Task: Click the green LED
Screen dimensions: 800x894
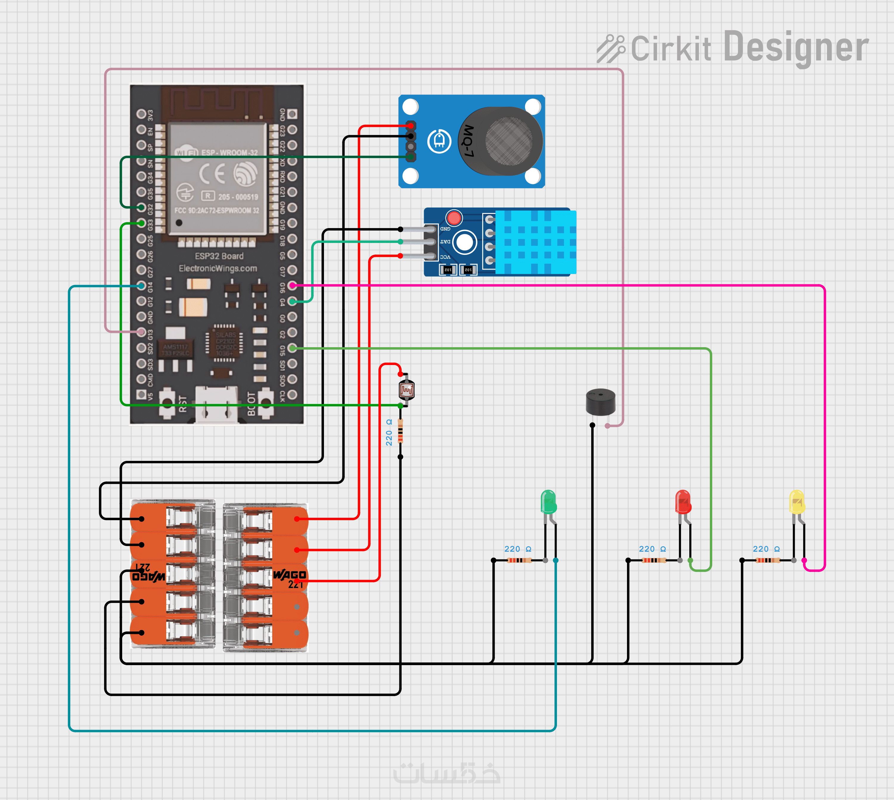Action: [548, 502]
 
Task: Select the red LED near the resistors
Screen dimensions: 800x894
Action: [683, 502]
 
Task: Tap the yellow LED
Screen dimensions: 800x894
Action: [797, 502]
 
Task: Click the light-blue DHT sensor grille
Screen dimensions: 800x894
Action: [536, 242]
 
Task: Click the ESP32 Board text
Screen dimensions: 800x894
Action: [219, 256]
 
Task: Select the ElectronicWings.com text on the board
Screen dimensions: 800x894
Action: [218, 268]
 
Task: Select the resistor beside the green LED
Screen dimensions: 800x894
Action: [519, 560]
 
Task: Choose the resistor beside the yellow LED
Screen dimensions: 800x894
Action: [768, 560]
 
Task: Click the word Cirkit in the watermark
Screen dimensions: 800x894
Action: [670, 48]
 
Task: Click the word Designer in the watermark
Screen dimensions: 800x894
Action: [795, 47]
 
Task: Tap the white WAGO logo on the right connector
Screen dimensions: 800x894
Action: [289, 575]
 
